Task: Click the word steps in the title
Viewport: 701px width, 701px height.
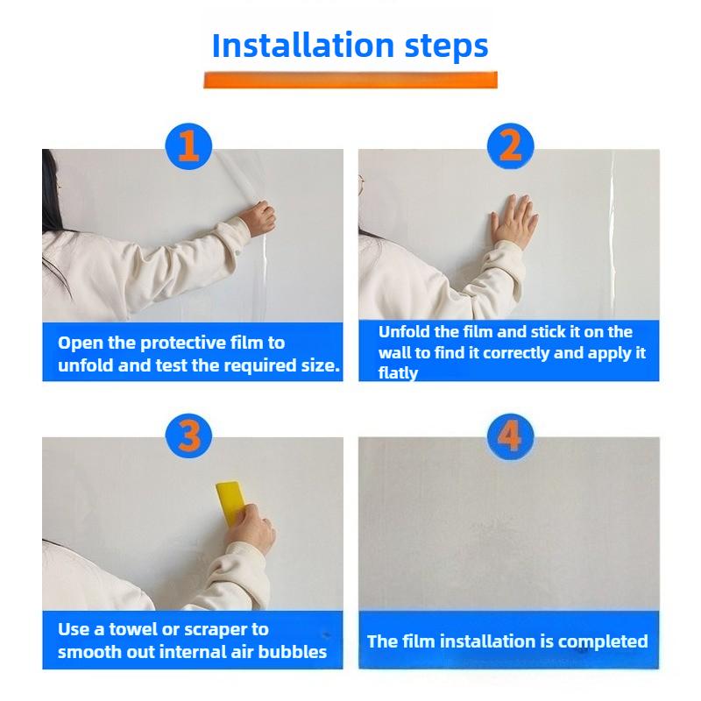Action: coord(444,46)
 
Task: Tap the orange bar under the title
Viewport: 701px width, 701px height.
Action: coord(350,80)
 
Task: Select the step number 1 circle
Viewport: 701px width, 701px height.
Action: coord(189,145)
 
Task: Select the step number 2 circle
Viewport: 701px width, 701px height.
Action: coord(510,145)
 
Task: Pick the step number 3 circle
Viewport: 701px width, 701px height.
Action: coord(189,435)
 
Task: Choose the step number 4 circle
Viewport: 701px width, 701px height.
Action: coord(510,435)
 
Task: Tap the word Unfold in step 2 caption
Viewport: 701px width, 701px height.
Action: coord(404,332)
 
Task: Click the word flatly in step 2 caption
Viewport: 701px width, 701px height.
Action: coord(398,373)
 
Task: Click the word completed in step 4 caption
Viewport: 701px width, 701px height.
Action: coord(603,641)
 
